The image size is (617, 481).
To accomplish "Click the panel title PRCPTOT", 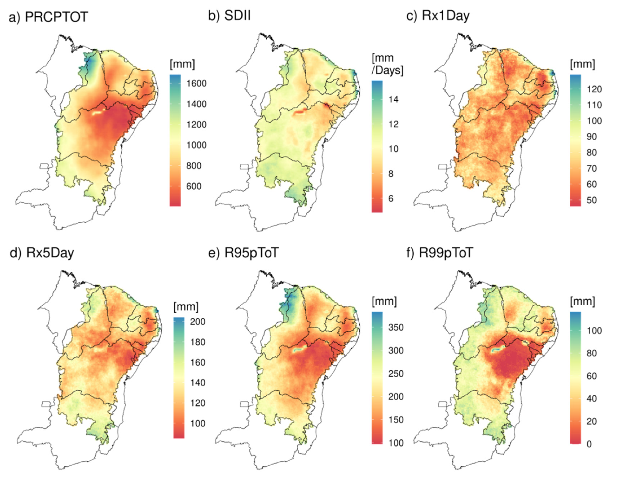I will click(x=56, y=17).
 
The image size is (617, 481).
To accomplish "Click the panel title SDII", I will click(x=237, y=16).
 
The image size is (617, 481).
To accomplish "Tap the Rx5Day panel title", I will click(x=50, y=252).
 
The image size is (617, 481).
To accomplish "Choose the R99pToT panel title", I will click(x=446, y=252).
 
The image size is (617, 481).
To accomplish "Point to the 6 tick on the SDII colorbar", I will click(x=391, y=198).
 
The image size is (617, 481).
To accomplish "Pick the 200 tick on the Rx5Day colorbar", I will click(x=197, y=322).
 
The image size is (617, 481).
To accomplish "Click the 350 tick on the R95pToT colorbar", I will click(x=396, y=327).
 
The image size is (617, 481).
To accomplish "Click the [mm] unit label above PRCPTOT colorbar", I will click(x=182, y=64).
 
